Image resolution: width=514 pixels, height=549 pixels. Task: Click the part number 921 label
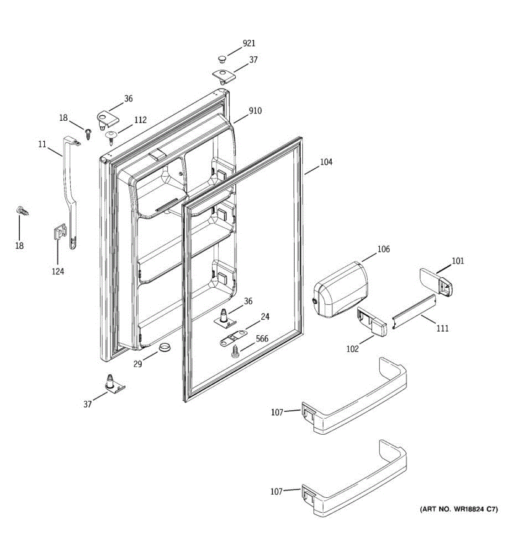point(249,43)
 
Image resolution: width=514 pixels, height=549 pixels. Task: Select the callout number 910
point(255,111)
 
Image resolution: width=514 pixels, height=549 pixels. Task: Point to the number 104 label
point(326,162)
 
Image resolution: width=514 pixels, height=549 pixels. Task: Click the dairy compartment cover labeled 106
point(340,289)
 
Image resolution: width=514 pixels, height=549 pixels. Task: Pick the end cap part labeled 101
point(436,281)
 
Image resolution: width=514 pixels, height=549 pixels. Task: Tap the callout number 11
point(42,144)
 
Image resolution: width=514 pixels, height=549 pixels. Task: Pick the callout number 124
point(58,272)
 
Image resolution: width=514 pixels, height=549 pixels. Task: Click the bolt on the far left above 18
point(21,211)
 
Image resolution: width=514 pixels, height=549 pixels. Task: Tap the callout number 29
point(138,364)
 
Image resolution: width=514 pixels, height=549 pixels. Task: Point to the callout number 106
point(383,249)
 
